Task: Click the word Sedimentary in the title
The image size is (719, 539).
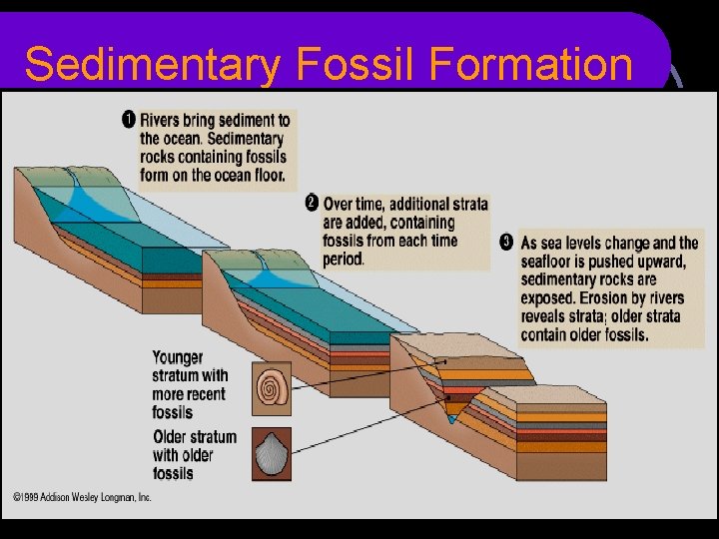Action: click(154, 66)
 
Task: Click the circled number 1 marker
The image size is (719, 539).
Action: click(129, 120)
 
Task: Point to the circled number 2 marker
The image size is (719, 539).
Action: click(312, 204)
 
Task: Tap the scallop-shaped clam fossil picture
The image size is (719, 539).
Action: click(272, 455)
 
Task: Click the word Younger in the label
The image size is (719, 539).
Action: click(178, 357)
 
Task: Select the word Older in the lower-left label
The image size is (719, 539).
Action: click(172, 437)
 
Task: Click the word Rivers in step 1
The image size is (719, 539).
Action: click(162, 121)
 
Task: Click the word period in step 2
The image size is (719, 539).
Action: click(344, 259)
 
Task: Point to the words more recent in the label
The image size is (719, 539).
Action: click(188, 394)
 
